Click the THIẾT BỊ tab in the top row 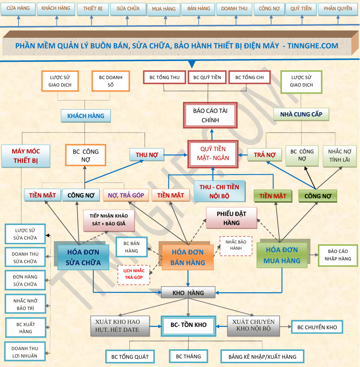point(92,9)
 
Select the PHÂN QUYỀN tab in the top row point(338,9)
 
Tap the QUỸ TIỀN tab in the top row point(301,9)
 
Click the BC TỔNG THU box point(164,77)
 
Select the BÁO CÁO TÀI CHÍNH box point(210,116)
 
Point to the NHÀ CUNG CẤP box point(301,114)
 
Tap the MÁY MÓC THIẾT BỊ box point(26,156)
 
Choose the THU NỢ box point(147,155)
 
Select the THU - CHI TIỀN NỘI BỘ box point(219,191)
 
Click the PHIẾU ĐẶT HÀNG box point(231,218)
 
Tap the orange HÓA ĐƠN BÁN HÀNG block point(188,258)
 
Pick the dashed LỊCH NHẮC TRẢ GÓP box point(134,275)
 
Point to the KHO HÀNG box point(188,293)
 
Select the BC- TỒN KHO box point(188,326)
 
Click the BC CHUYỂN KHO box point(317,327)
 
